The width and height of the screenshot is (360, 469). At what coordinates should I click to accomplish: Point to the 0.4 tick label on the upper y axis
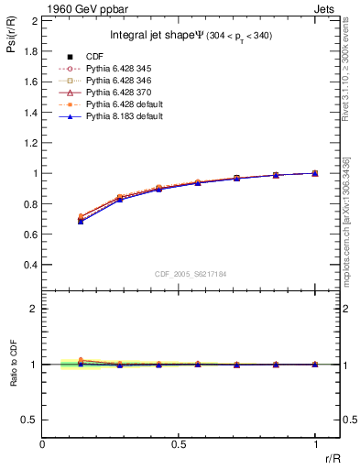tap(28, 265)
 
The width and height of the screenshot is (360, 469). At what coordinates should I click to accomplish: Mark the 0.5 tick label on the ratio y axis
tap(28, 420)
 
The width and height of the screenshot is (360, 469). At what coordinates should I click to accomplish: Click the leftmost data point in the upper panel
tap(82, 221)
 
